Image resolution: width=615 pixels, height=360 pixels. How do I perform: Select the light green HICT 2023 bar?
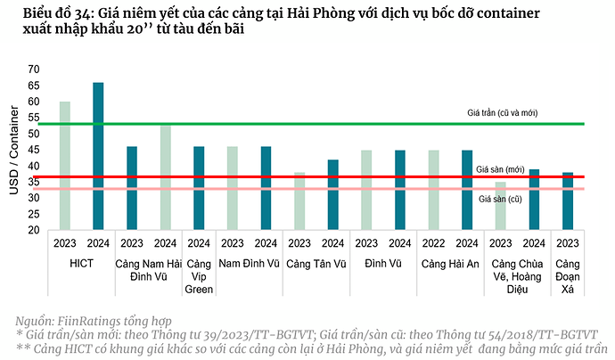65,166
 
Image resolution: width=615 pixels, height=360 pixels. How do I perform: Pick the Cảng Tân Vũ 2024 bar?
332,195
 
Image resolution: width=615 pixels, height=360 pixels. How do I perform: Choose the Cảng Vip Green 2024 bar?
199,188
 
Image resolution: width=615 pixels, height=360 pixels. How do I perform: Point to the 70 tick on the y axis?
35,70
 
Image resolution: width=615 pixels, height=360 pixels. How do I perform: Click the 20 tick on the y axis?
35,230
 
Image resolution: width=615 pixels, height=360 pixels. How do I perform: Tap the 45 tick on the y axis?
35,150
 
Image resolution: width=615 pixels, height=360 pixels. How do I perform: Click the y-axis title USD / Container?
14,150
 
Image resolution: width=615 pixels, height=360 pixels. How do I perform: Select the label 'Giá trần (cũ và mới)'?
501,113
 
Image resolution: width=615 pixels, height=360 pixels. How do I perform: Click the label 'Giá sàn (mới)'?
500,168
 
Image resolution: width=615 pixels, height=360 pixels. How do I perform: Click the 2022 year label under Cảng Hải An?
433,243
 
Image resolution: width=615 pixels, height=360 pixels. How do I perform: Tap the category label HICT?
81,264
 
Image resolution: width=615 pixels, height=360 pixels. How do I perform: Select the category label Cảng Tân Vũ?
316,264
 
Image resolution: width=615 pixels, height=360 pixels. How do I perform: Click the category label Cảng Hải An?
450,264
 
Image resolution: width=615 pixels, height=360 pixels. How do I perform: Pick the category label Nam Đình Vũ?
249,264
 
